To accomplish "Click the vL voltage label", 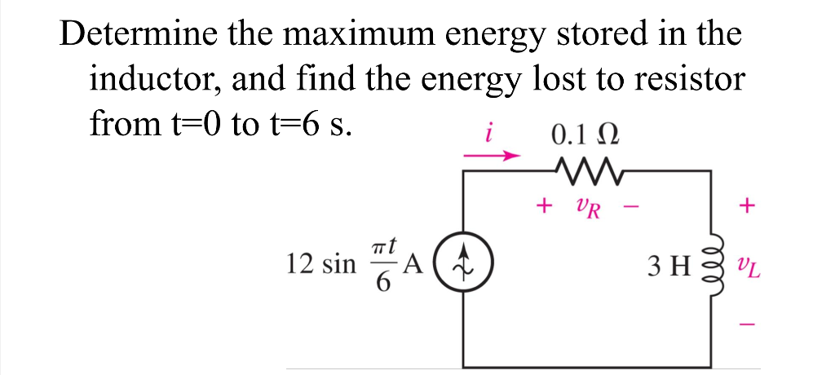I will click(744, 265).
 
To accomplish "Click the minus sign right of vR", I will click(630, 208).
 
